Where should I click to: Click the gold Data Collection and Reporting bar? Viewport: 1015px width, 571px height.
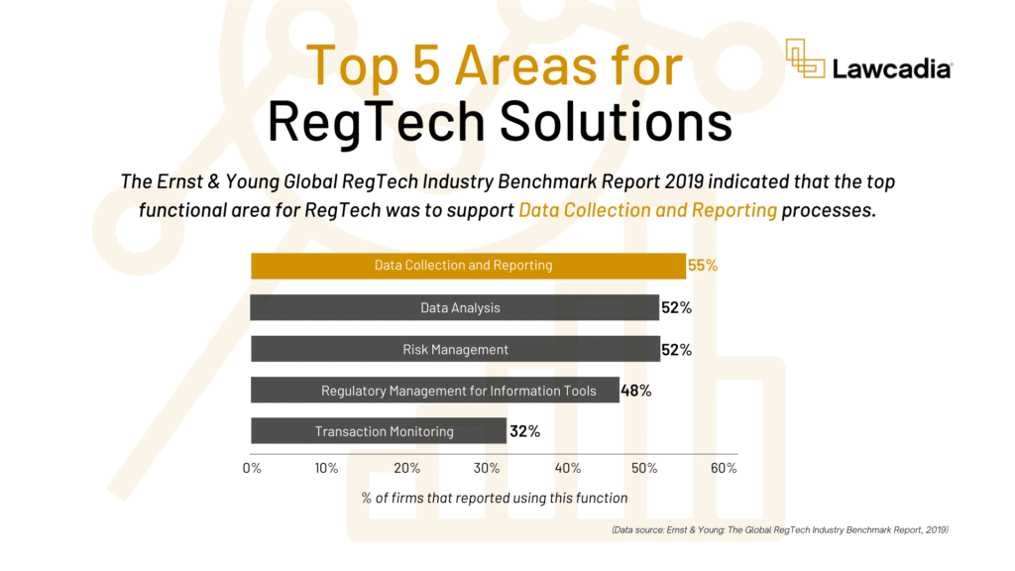coord(467,266)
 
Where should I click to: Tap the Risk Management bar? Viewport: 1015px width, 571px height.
coord(455,350)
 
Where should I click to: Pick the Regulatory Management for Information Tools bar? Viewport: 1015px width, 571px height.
coord(435,391)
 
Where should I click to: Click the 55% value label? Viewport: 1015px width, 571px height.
coord(702,266)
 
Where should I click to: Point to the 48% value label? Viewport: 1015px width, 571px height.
coord(635,391)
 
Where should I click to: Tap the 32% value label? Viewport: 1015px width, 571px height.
coord(524,431)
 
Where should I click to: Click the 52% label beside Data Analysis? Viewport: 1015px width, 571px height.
coord(676,308)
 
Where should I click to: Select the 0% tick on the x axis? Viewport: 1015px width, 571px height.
coord(252,468)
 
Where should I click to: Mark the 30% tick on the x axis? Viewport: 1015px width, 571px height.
coord(487,468)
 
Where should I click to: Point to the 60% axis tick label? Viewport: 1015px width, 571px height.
coord(723,468)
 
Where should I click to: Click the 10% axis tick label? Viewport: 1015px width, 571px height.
coord(327,468)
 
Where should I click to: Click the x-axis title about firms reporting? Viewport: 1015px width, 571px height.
coord(495,498)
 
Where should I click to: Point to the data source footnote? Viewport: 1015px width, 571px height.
coord(780,530)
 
